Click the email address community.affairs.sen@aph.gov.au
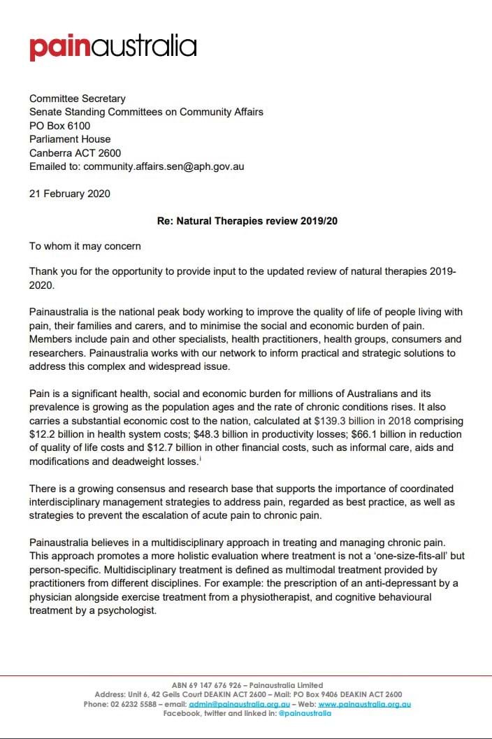coord(164,167)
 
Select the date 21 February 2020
coord(69,194)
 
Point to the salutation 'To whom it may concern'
coord(85,246)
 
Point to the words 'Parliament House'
coord(70,139)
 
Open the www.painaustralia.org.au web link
coord(364,704)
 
